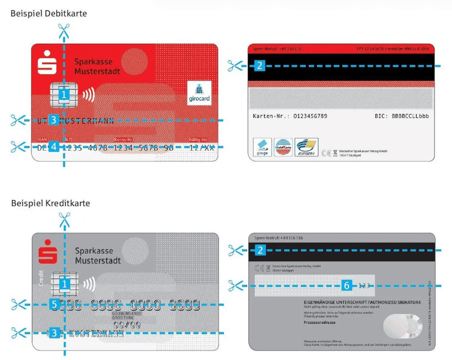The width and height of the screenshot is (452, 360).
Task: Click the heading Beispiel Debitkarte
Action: [49, 14]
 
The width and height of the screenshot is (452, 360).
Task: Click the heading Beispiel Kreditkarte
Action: [50, 203]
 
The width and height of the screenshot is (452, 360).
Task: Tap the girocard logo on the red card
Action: [199, 93]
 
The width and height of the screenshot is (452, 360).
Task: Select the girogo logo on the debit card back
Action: [262, 147]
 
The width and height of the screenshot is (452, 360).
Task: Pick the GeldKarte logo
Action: [282, 147]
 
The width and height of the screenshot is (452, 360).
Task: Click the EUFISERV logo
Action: [306, 147]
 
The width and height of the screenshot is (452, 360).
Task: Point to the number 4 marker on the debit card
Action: [54, 147]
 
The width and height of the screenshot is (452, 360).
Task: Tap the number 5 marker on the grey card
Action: [55, 304]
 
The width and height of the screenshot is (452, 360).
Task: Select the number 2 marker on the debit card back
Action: [260, 66]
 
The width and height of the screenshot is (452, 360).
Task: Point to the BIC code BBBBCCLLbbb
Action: [410, 116]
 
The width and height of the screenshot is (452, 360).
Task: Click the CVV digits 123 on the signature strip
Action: [364, 286]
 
